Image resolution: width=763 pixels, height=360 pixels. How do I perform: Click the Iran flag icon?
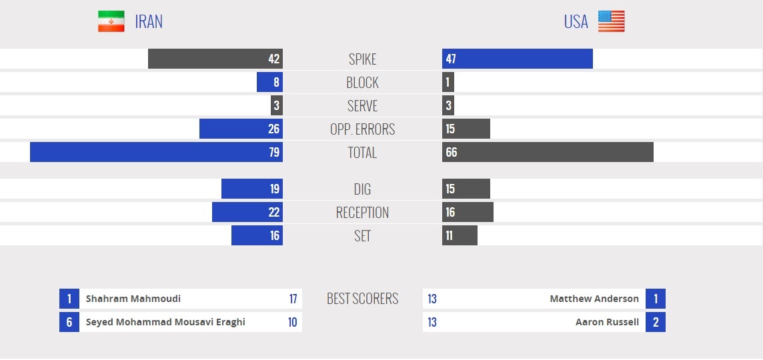pyautogui.click(x=111, y=21)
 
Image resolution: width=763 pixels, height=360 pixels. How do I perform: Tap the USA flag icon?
pyautogui.click(x=611, y=21)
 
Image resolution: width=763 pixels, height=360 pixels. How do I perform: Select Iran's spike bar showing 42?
pyautogui.click(x=215, y=59)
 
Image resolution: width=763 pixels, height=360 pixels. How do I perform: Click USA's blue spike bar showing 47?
pyautogui.click(x=517, y=59)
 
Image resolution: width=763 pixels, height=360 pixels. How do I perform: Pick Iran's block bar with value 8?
pyautogui.click(x=269, y=82)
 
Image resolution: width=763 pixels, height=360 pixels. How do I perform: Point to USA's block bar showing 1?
pyautogui.click(x=448, y=82)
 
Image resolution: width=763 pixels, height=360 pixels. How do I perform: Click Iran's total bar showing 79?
pyautogui.click(x=156, y=152)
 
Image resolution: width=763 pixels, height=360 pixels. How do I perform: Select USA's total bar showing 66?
pyautogui.click(x=548, y=152)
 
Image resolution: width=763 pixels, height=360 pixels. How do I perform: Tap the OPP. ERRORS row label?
pyautogui.click(x=362, y=129)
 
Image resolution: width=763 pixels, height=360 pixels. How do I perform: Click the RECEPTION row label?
pyautogui.click(x=362, y=213)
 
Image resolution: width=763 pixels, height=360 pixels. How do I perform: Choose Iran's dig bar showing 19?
pyautogui.click(x=252, y=189)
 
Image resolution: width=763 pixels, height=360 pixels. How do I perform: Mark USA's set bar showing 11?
pyautogui.click(x=460, y=235)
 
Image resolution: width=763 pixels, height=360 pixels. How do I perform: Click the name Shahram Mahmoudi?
pyautogui.click(x=133, y=299)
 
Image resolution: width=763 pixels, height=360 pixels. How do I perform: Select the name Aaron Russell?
pyautogui.click(x=607, y=322)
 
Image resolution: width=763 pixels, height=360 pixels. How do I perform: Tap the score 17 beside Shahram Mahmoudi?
pyautogui.click(x=293, y=299)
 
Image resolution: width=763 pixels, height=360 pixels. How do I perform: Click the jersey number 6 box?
pyautogui.click(x=69, y=322)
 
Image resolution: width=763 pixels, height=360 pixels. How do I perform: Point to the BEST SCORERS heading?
pyautogui.click(x=362, y=299)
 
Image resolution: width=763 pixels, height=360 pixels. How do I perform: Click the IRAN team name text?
pyautogui.click(x=149, y=22)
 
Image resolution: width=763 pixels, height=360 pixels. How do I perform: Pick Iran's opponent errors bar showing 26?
pyautogui.click(x=241, y=129)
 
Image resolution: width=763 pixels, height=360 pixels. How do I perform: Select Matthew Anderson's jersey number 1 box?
pyautogui.click(x=656, y=299)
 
